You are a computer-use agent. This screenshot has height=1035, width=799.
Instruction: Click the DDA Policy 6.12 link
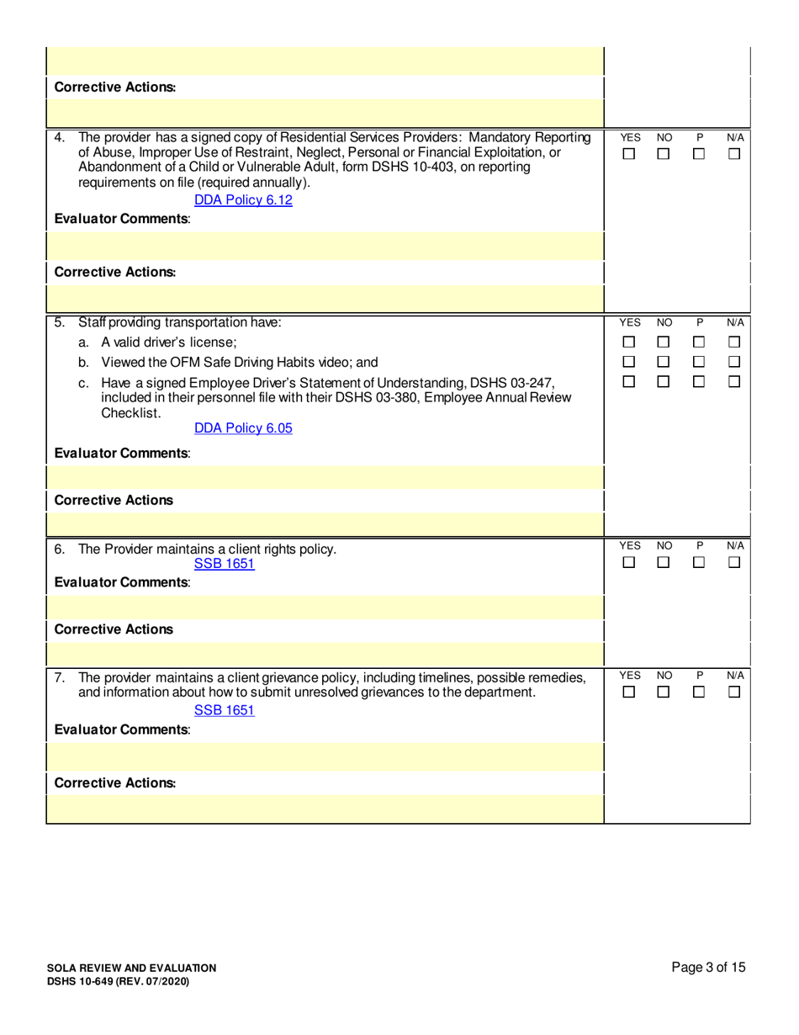(243, 200)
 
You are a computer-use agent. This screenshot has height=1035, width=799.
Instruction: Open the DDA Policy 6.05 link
(243, 428)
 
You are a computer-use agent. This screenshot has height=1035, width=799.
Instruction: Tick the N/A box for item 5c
(733, 383)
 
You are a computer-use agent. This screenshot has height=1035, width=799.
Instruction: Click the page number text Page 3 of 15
(708, 968)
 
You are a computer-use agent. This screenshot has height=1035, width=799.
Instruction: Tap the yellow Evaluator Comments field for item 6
(325, 607)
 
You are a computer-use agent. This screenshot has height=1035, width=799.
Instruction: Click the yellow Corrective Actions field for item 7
(325, 809)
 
